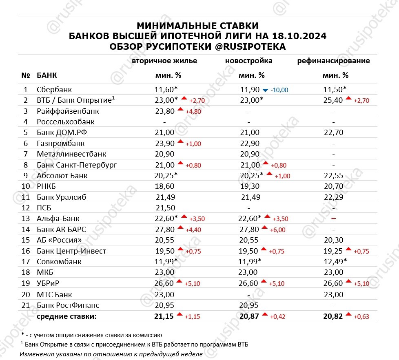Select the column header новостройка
point(249,61)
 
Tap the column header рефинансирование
point(334,61)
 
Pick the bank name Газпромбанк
point(60,144)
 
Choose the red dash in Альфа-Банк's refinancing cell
point(334,219)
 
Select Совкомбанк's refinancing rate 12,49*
point(333,262)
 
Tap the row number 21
point(25,305)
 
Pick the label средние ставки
point(67,316)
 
